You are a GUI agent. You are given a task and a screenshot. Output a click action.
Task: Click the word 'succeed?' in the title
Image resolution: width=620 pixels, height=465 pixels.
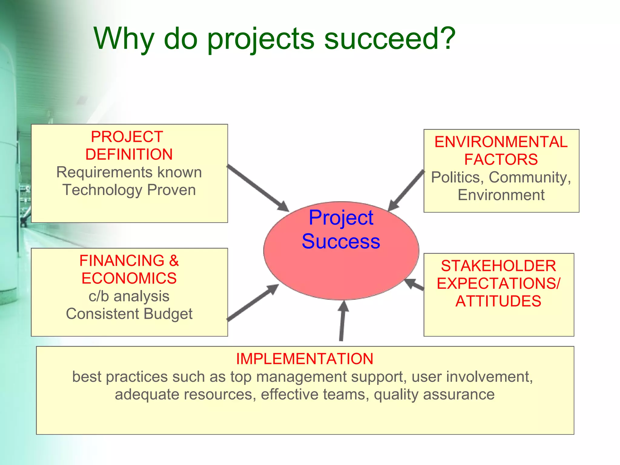tap(390, 38)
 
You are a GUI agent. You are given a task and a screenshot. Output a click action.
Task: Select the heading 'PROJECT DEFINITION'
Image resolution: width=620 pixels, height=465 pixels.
tap(129, 146)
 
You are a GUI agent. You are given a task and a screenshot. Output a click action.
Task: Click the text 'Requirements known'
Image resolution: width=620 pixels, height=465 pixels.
tap(129, 172)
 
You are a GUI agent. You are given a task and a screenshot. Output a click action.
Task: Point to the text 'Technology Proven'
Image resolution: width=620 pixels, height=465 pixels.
tap(129, 190)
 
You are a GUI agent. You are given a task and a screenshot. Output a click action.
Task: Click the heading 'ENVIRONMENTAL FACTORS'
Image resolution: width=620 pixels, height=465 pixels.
tap(501, 151)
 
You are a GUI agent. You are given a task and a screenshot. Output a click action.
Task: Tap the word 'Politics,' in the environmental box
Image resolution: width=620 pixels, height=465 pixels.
tap(457, 177)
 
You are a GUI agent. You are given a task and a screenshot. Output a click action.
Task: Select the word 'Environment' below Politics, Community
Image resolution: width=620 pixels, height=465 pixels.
tap(501, 195)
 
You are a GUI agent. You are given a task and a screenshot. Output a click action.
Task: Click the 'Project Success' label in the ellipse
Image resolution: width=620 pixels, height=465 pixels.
tap(341, 229)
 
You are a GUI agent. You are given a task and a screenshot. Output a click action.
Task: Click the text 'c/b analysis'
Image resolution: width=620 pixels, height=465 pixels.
tap(129, 296)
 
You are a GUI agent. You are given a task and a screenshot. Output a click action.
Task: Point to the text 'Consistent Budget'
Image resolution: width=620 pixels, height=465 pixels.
tap(129, 314)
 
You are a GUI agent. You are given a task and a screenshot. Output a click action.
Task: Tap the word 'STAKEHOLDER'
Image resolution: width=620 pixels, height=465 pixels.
tap(498, 266)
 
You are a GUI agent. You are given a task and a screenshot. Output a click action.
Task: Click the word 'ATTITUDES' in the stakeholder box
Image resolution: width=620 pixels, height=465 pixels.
tap(498, 302)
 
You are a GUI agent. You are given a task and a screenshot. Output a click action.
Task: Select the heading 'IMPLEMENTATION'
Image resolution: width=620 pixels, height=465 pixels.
tap(305, 359)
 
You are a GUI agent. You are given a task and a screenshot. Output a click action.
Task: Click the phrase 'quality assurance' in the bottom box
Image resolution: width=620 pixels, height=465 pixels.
tap(434, 394)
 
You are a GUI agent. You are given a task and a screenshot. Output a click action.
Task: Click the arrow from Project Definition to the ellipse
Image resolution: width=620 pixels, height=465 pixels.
tap(258, 188)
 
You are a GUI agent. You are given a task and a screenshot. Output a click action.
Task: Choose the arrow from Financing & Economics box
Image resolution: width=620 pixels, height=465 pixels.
tap(253, 302)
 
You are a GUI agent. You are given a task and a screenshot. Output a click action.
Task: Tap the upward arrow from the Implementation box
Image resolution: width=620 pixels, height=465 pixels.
tap(342, 321)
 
